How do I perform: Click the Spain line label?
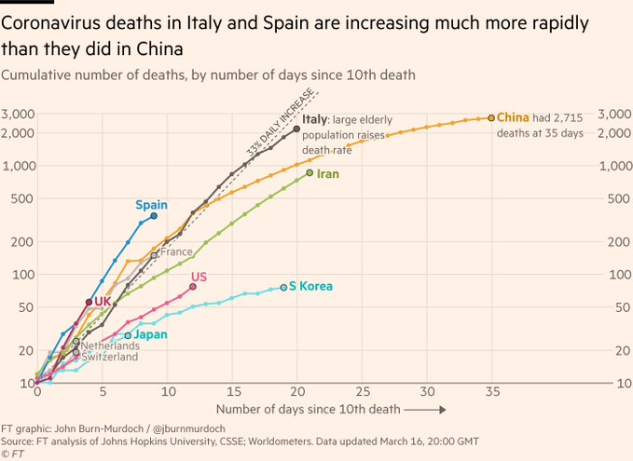pyautogui.click(x=152, y=205)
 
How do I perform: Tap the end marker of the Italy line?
pyautogui.click(x=296, y=129)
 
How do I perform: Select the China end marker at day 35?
pyautogui.click(x=491, y=118)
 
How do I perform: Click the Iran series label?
pyautogui.click(x=326, y=174)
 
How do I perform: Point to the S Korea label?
pyautogui.click(x=310, y=287)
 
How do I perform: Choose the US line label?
pyautogui.click(x=199, y=277)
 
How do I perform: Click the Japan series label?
pyautogui.click(x=150, y=333)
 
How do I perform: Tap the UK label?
pyautogui.click(x=103, y=302)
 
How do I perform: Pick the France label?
pyautogui.click(x=176, y=252)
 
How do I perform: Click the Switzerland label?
pyautogui.click(x=109, y=357)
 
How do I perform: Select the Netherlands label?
pyautogui.click(x=110, y=346)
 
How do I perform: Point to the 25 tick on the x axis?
pyautogui.click(x=362, y=391)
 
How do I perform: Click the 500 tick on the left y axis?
pyautogui.click(x=23, y=198)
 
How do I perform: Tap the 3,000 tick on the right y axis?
pyautogui.click(x=613, y=114)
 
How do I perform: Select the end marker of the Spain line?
pyautogui.click(x=154, y=216)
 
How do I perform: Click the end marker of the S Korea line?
pyautogui.click(x=283, y=288)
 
